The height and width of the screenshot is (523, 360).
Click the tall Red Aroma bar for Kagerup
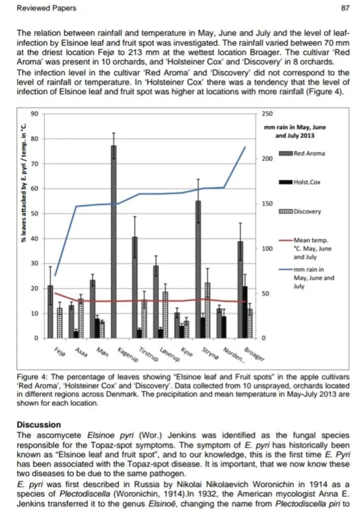point(114,242)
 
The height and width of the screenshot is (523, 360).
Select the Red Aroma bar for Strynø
point(198,269)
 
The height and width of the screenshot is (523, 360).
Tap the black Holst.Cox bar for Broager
point(245,312)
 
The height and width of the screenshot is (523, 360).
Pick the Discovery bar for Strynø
point(208,310)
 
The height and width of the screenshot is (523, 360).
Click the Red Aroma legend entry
point(302,153)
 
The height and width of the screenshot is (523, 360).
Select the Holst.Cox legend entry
point(300,182)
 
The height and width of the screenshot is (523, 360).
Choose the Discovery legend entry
point(300,211)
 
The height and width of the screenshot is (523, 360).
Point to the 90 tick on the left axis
point(35,113)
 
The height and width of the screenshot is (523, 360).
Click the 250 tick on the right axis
point(267,113)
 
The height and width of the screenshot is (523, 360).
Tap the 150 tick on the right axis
point(267,203)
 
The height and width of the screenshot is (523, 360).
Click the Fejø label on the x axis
point(60,352)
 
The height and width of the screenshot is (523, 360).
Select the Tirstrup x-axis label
point(148,354)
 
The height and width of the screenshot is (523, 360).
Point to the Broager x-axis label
point(254,354)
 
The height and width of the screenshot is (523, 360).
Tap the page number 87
point(345,8)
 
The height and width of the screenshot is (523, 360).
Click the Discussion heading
point(39,425)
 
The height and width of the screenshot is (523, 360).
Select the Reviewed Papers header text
point(47,8)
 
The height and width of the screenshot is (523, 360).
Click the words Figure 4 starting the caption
point(32,377)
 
